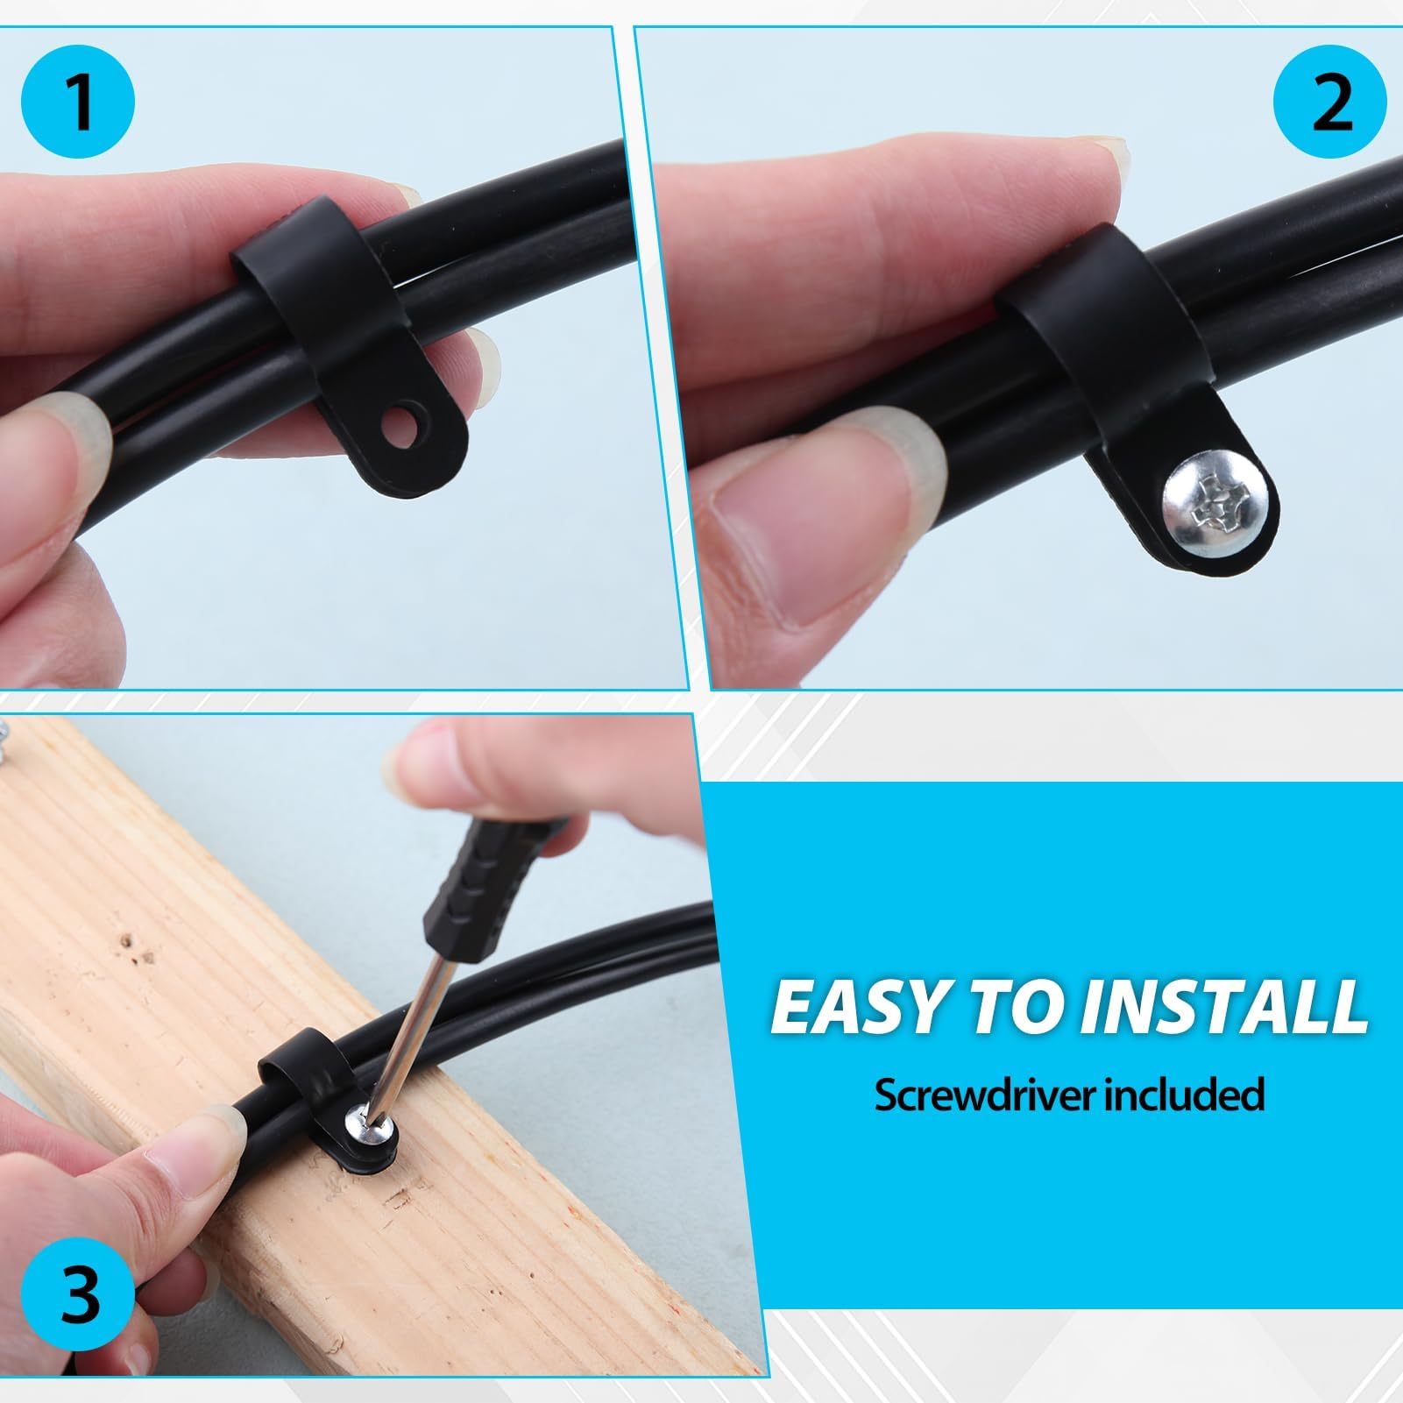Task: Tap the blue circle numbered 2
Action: click(1330, 103)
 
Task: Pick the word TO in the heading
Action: click(1020, 1007)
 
